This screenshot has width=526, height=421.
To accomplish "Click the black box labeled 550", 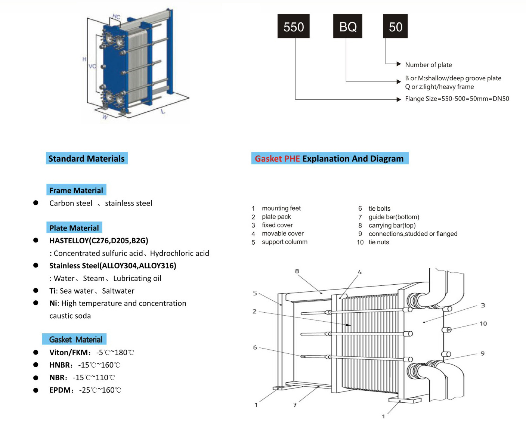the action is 293,26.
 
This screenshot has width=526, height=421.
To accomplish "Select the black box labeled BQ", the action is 347,26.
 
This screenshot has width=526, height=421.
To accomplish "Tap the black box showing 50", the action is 395,26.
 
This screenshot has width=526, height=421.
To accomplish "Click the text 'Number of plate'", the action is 428,65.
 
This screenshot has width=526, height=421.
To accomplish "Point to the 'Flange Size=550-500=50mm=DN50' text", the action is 457,99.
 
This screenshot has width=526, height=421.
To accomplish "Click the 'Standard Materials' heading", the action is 87,158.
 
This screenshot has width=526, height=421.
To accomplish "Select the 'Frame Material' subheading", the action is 76,190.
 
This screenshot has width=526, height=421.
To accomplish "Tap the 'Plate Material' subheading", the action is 74,228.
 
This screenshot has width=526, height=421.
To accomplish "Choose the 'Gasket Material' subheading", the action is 75,339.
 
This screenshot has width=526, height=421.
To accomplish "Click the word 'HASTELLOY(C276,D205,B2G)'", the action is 99,241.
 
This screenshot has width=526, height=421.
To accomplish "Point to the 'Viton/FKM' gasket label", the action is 69,352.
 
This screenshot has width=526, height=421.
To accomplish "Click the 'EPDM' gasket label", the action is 60,390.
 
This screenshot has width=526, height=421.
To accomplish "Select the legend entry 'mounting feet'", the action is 281,208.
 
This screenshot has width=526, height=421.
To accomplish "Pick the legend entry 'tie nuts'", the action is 378,242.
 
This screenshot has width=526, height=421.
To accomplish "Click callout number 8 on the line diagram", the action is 297,271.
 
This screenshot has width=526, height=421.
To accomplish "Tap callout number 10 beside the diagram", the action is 483,324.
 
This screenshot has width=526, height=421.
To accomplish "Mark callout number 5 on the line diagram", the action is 255,293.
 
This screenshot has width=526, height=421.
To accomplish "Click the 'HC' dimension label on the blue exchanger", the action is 116,17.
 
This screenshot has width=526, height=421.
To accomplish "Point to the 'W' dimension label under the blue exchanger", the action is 105,117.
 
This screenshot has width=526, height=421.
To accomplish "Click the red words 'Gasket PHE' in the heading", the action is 277,159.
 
